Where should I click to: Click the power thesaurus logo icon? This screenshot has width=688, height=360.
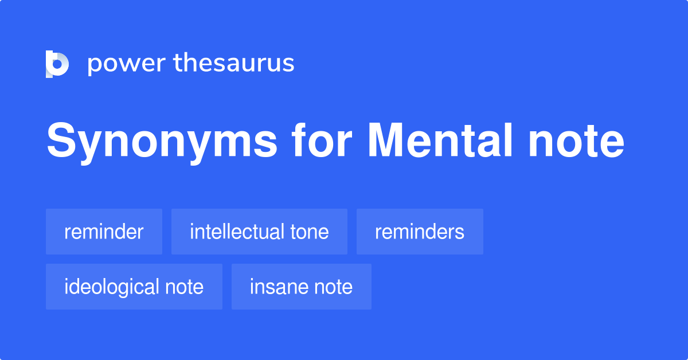pos(57,64)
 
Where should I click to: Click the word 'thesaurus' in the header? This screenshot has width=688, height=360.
pos(234,64)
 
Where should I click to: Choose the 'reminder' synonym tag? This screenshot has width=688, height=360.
pos(104,232)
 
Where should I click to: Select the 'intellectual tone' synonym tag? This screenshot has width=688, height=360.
pos(259,232)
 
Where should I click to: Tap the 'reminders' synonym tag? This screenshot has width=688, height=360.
pos(420,232)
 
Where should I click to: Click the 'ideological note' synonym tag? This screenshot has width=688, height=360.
pos(134,287)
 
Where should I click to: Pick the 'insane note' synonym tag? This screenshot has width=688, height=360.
pos(301,287)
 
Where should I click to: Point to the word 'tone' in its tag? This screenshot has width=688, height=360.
pos(310,232)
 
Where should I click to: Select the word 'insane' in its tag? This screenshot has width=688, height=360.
pos(278,287)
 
